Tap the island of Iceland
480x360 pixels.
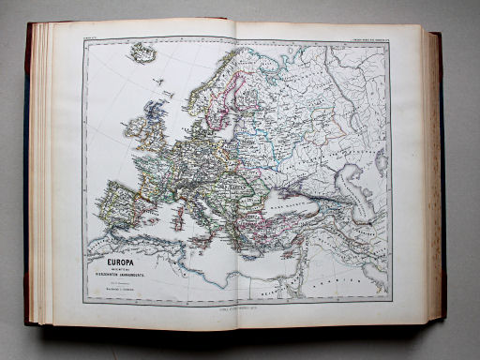[143, 54]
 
